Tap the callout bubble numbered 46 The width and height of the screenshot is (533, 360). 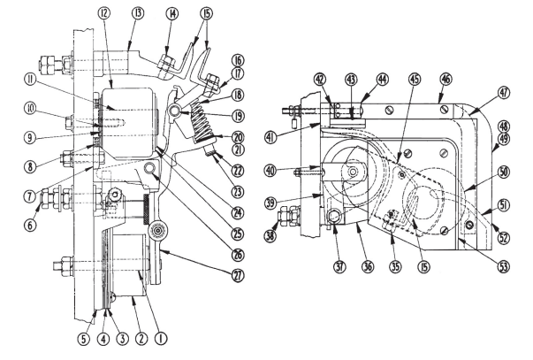click(446, 79)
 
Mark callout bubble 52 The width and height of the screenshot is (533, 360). click(502, 236)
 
